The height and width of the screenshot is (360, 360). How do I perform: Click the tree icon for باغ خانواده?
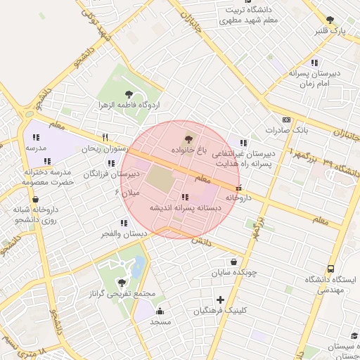pos(188,139)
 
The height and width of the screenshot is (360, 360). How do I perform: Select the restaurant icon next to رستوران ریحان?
pos(105,137)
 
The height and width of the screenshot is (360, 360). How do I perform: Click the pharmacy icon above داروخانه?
pos(240,188)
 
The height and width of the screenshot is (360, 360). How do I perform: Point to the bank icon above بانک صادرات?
pos(286,120)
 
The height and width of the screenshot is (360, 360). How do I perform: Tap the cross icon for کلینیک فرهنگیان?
pos(221,300)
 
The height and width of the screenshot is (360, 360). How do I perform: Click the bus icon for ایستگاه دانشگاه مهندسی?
pos(330,269)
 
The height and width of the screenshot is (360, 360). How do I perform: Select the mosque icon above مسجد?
pos(160,311)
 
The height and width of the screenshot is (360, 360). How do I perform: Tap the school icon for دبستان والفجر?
pos(124,222)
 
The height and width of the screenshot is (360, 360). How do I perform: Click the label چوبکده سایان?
pos(236,271)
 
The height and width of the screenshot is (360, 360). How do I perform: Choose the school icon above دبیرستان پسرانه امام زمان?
pos(314,62)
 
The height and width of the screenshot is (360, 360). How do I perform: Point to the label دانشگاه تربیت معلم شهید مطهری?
pos(251,15)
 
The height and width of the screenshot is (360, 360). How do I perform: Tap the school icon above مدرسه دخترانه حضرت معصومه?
pos(47,161)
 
